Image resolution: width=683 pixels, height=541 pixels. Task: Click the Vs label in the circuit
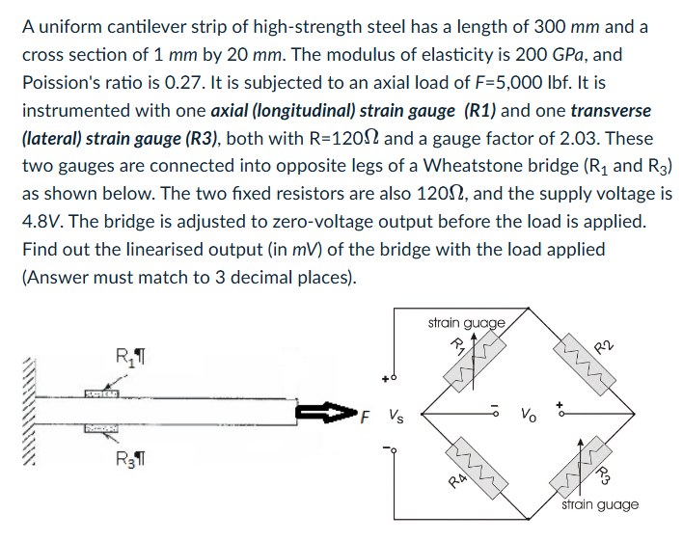[397, 417]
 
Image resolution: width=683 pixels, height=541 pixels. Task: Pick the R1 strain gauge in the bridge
[473, 364]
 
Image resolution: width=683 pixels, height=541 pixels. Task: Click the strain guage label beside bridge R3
[600, 504]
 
